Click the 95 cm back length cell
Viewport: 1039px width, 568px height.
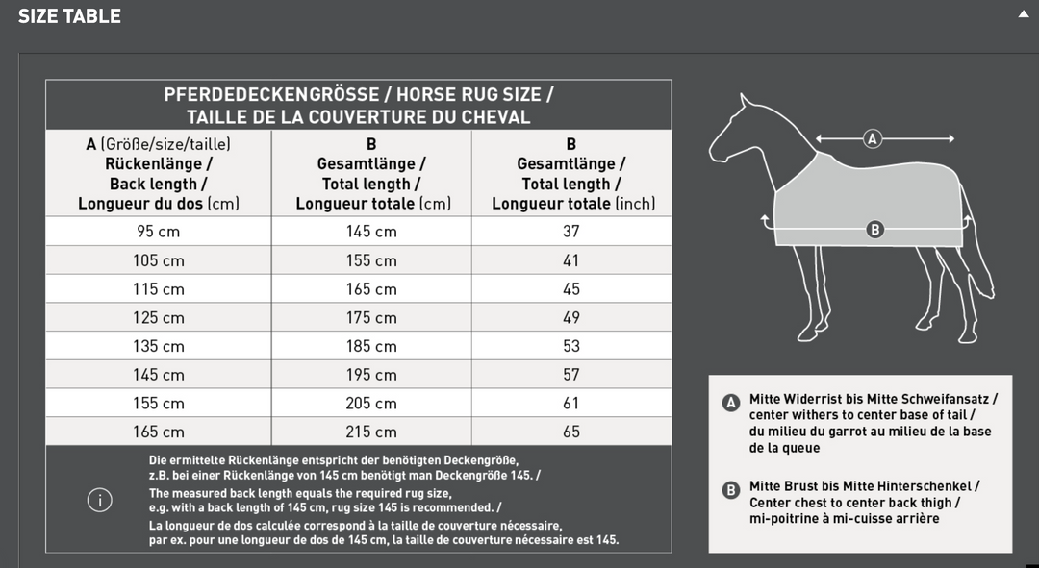pyautogui.click(x=159, y=232)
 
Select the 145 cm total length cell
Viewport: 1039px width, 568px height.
pyautogui.click(x=371, y=232)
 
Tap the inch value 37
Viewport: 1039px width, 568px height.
pyautogui.click(x=571, y=232)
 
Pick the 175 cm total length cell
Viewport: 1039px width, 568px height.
pyautogui.click(x=371, y=317)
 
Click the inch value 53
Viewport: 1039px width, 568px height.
pyautogui.click(x=571, y=346)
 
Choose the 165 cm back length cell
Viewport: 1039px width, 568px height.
pyautogui.click(x=159, y=432)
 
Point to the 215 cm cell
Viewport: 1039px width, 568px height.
pyautogui.click(x=371, y=432)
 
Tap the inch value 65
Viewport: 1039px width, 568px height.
pyautogui.click(x=571, y=432)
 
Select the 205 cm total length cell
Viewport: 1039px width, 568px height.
pyautogui.click(x=371, y=404)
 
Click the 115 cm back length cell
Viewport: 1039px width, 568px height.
pyautogui.click(x=159, y=289)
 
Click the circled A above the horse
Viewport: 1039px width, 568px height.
pyautogui.click(x=873, y=138)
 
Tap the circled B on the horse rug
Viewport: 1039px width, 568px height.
pyautogui.click(x=874, y=229)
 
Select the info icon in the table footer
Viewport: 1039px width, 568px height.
pyautogui.click(x=99, y=500)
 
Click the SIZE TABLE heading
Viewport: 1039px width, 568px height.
pyautogui.click(x=69, y=16)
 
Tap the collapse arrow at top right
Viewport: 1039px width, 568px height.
pyautogui.click(x=1023, y=14)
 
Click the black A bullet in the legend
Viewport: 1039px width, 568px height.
pyautogui.click(x=730, y=403)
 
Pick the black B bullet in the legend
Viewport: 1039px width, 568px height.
pyautogui.click(x=730, y=490)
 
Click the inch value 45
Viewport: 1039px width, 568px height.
pyautogui.click(x=571, y=289)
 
